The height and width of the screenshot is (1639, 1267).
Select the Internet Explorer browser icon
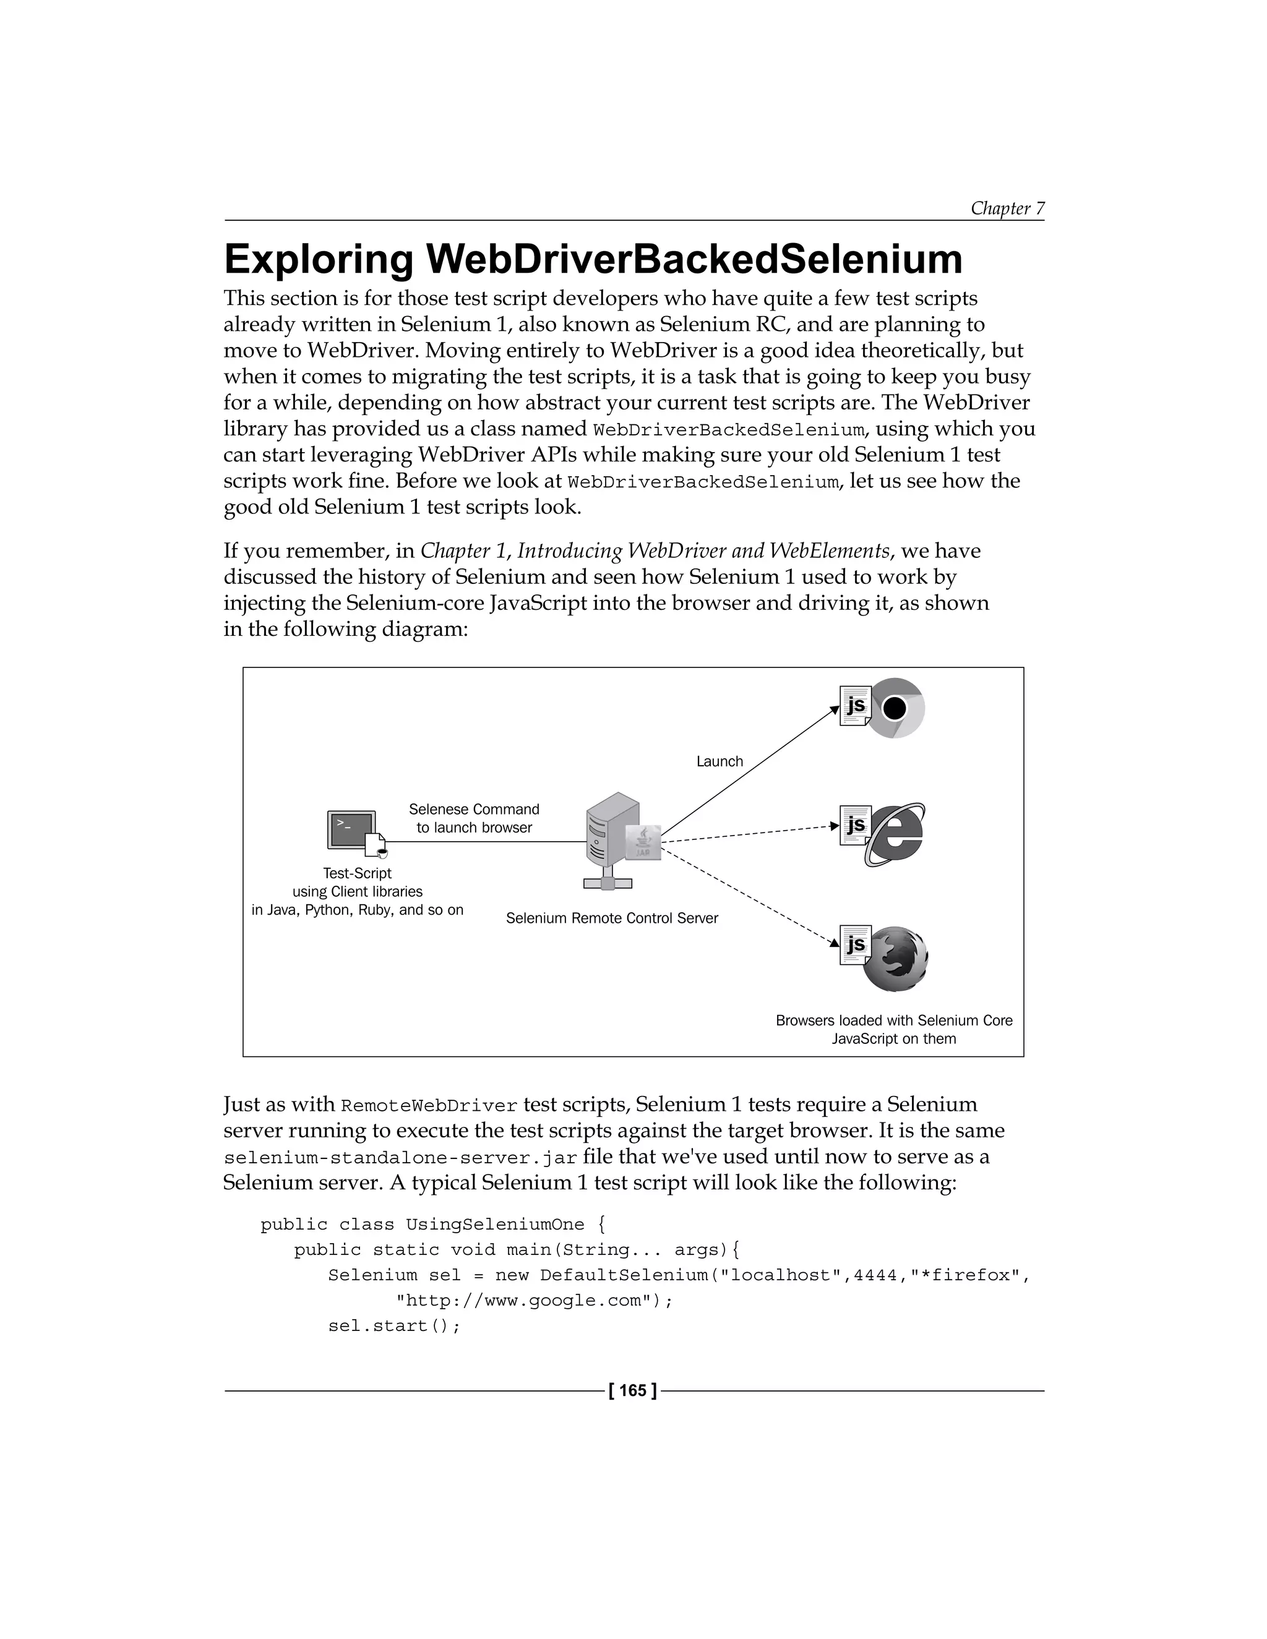pyautogui.click(x=895, y=834)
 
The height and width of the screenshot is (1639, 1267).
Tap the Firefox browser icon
pyautogui.click(x=895, y=959)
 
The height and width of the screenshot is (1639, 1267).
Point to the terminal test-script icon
pyautogui.click(x=352, y=831)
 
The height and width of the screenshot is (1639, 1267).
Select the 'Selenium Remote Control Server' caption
pyautogui.click(x=612, y=918)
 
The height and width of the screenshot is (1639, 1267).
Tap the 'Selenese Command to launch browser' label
pyautogui.click(x=474, y=818)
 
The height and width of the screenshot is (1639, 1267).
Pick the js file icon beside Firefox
pyautogui.click(x=855, y=944)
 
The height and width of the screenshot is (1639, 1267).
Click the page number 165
pyautogui.click(x=633, y=1390)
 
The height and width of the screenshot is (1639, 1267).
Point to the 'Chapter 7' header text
pyautogui.click(x=1007, y=208)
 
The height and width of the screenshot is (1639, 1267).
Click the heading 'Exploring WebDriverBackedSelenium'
pyautogui.click(x=593, y=259)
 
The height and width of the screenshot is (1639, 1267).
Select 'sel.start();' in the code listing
pyautogui.click(x=393, y=1325)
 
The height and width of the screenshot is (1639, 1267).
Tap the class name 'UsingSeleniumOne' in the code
pyautogui.click(x=495, y=1224)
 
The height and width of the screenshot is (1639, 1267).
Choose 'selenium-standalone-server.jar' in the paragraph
pyautogui.click(x=400, y=1157)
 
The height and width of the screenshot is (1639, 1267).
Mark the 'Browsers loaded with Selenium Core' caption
pyautogui.click(x=893, y=1020)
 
